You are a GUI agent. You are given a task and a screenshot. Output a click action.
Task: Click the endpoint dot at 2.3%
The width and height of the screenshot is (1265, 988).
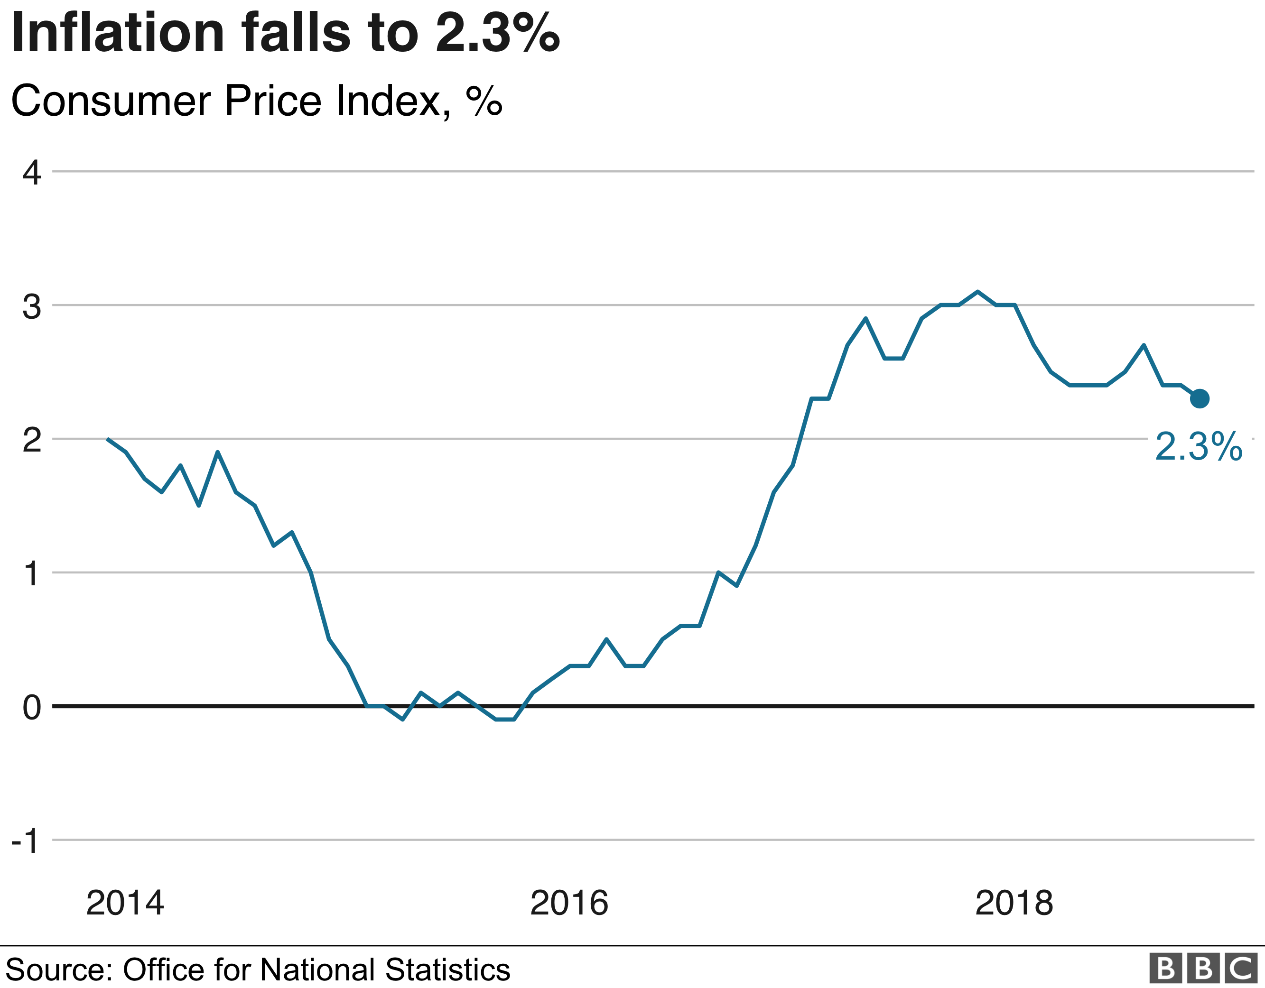tap(1200, 398)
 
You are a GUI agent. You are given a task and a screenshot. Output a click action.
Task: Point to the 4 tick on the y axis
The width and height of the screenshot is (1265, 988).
tap(32, 173)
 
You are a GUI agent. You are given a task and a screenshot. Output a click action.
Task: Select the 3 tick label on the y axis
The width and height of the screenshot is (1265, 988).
tap(32, 306)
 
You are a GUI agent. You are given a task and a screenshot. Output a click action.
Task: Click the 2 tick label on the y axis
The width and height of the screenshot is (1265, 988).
tap(32, 440)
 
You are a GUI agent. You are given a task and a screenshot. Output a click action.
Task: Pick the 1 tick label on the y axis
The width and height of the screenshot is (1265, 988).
tap(32, 574)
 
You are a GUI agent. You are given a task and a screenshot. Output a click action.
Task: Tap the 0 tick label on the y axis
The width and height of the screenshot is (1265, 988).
tap(32, 707)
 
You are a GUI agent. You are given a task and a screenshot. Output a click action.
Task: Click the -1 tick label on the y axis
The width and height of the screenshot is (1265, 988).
tap(26, 841)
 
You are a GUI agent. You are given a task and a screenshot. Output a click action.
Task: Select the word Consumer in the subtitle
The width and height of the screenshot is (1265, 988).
tap(111, 101)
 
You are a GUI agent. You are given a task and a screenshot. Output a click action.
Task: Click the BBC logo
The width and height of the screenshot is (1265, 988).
tap(1203, 968)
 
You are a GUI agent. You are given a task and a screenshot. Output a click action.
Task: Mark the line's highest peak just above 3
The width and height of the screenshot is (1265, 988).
tap(978, 291)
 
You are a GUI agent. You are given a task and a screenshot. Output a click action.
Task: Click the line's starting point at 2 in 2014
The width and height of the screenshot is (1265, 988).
tap(108, 439)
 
